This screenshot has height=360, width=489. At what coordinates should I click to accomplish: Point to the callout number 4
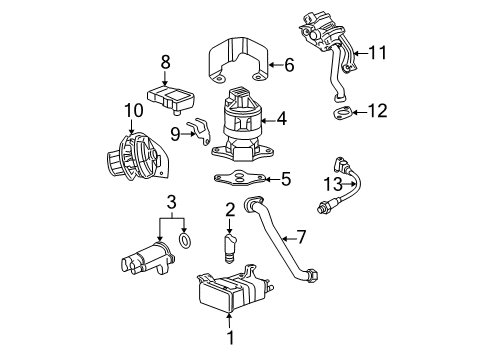283,119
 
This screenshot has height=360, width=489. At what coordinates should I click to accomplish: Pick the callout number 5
285,181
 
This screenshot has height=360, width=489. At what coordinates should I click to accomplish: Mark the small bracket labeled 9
202,132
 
